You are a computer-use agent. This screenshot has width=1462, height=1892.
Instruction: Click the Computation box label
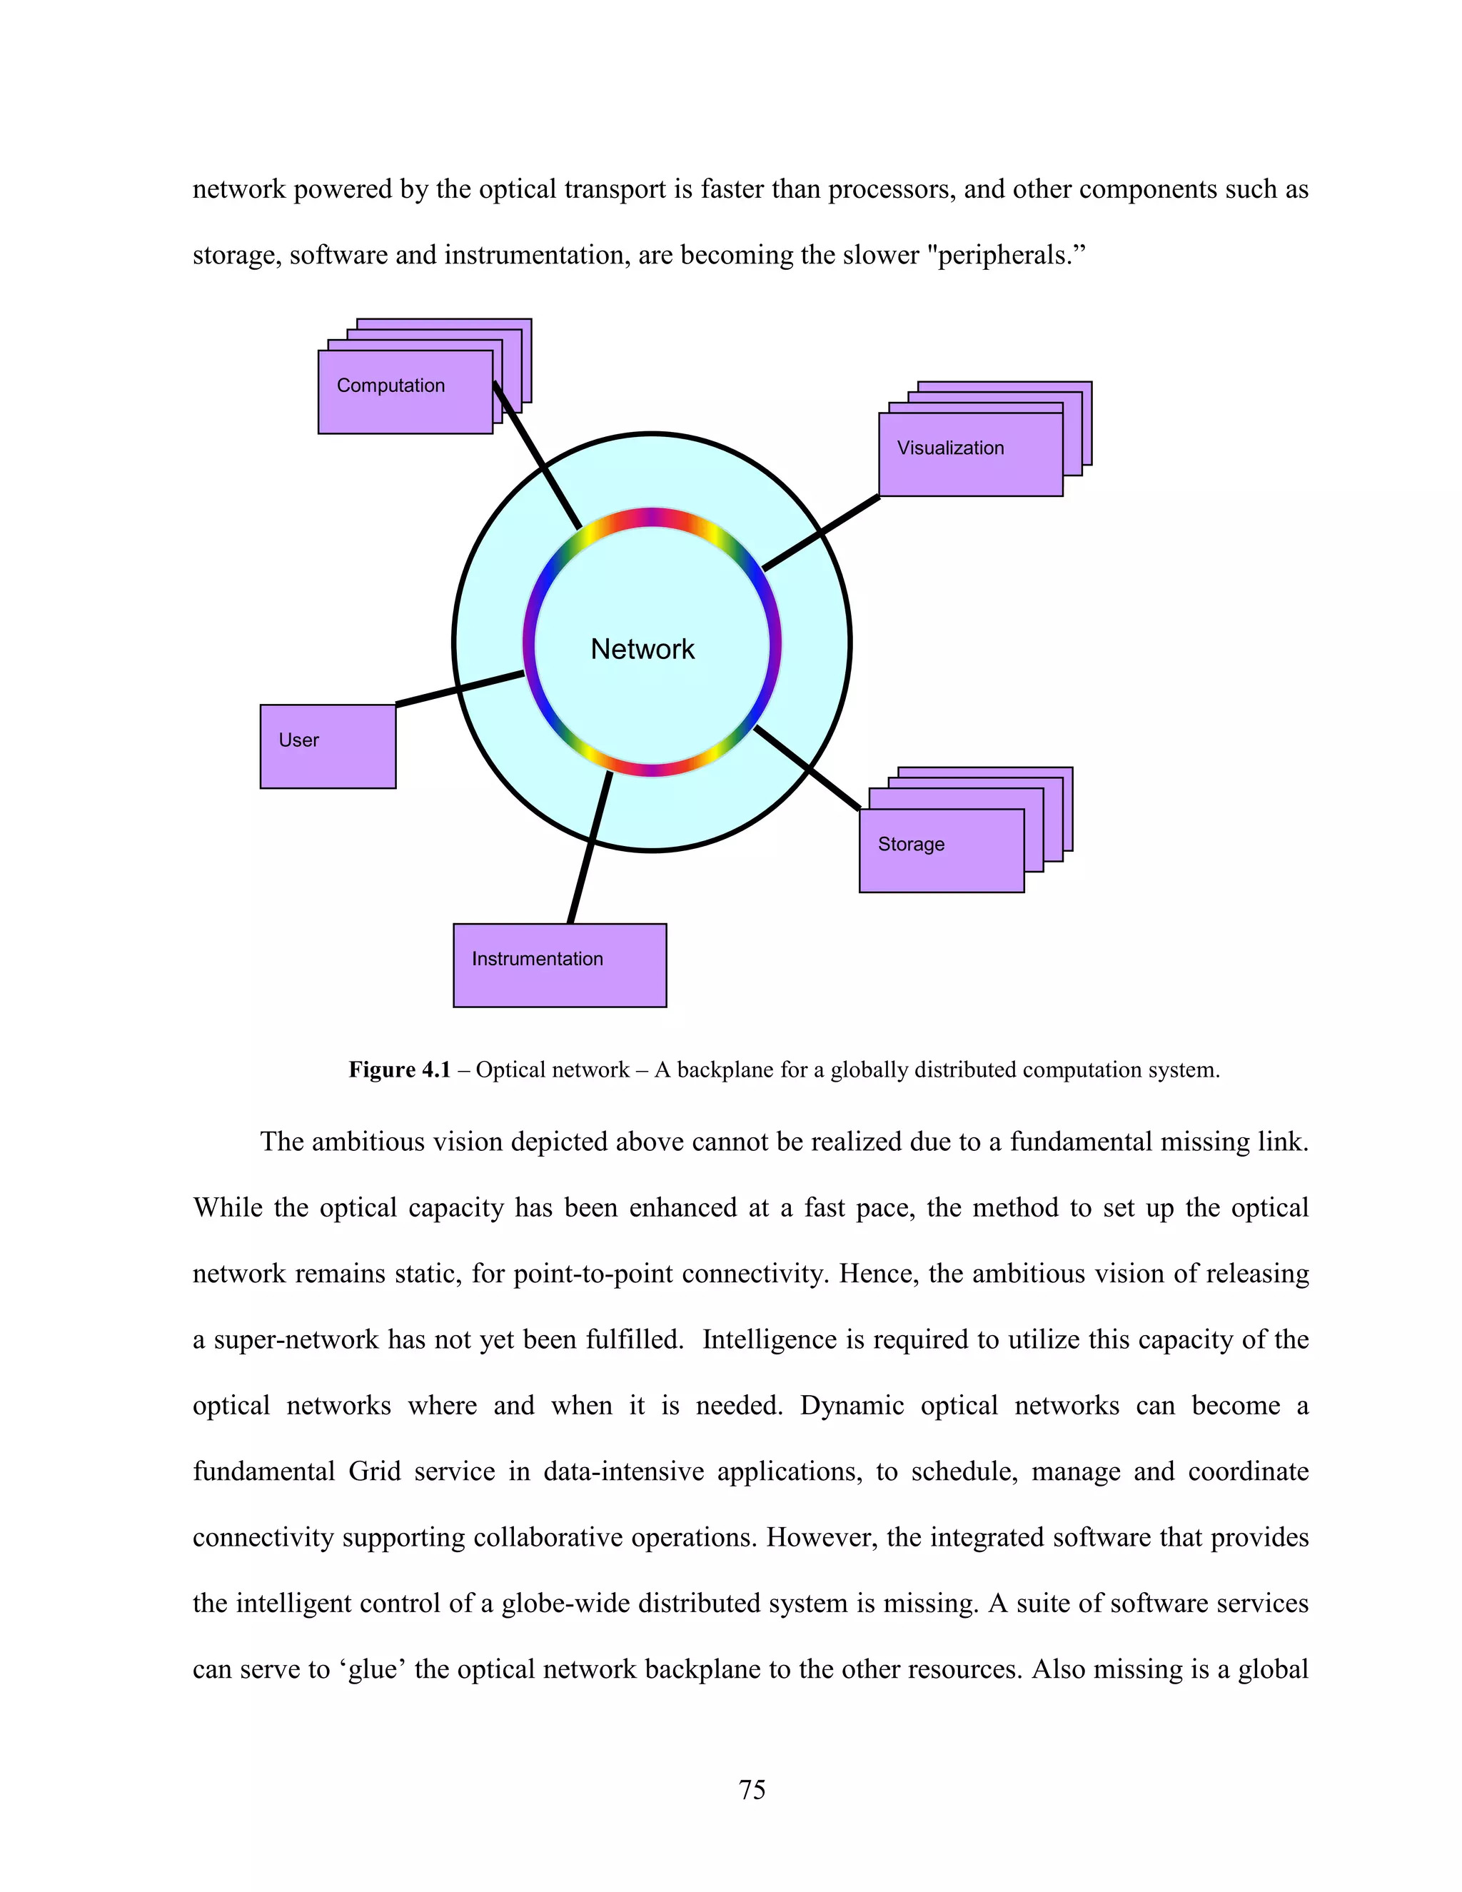(390, 386)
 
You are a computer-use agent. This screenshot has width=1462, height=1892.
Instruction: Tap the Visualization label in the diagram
(950, 448)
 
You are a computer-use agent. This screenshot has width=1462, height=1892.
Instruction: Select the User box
(328, 746)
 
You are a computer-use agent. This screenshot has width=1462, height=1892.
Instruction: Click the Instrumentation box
(560, 965)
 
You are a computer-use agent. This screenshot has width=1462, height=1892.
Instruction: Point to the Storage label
(911, 844)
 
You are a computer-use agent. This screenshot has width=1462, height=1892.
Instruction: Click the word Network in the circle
(642, 649)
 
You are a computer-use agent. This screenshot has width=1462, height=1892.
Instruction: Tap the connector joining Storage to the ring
(807, 768)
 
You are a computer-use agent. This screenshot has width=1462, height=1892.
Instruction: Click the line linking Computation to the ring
(537, 456)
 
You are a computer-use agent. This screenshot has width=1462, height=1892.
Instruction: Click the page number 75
(752, 1789)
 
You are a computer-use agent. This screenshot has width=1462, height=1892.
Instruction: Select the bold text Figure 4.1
(399, 1070)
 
